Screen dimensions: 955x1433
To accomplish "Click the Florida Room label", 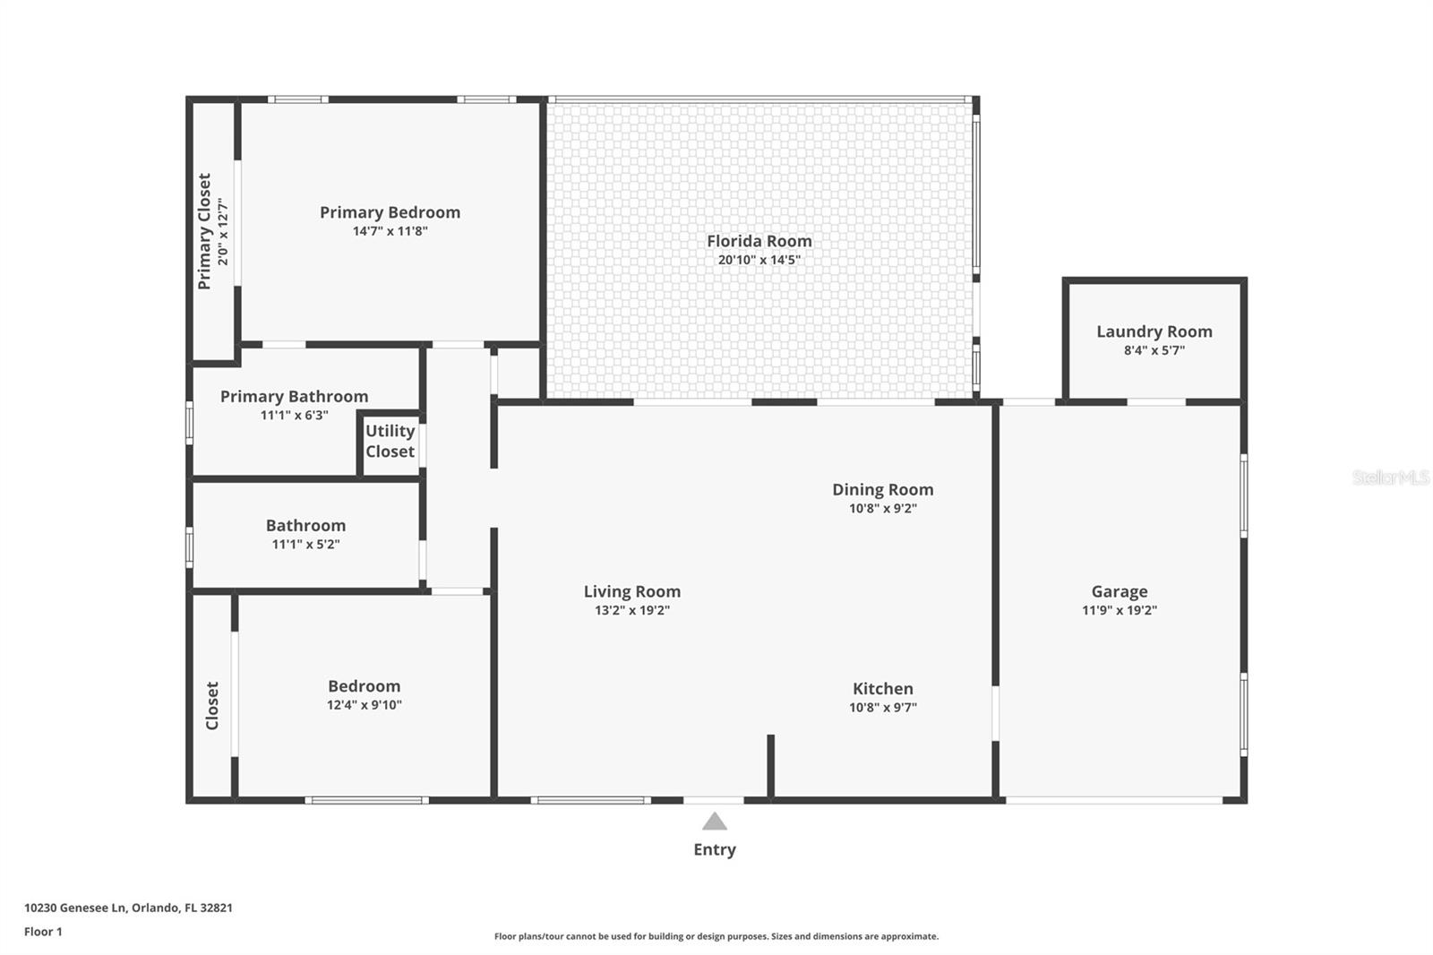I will [x=759, y=241].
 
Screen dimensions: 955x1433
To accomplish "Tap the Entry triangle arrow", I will [x=714, y=822].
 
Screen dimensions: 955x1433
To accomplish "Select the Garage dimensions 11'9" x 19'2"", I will [x=1119, y=610].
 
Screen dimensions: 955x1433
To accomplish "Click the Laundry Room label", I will [x=1154, y=331].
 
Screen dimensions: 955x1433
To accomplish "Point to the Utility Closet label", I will [x=390, y=442].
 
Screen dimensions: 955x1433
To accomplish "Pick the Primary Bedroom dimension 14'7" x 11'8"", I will [x=390, y=231].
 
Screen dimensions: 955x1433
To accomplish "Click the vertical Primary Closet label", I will [x=204, y=231].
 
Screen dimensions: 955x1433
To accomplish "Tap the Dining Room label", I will [x=882, y=489].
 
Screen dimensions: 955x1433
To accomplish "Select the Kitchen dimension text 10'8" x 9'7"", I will [x=882, y=708].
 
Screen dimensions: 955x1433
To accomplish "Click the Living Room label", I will [x=631, y=591].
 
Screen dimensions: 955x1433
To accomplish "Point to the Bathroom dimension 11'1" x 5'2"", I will [x=305, y=544].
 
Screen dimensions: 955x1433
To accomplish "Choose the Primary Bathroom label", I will [x=294, y=396].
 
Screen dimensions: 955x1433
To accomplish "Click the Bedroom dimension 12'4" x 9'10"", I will [x=364, y=705].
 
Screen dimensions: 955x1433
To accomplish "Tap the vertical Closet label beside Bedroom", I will [x=212, y=705].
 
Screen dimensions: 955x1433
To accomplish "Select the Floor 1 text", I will [x=43, y=932].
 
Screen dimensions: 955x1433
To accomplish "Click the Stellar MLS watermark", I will [x=1390, y=477].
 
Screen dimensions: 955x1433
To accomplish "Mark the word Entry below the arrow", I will [x=714, y=849].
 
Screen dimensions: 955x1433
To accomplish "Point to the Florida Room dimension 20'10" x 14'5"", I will [x=759, y=260].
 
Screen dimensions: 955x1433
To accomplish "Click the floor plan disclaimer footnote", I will [x=716, y=936].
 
